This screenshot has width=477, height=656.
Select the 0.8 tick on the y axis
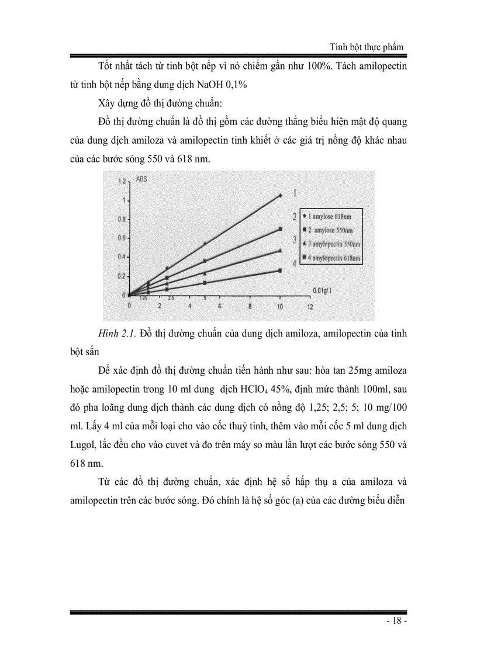tap(122, 219)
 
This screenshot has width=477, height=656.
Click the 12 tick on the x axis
tap(310, 305)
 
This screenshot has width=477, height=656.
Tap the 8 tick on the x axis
tap(250, 305)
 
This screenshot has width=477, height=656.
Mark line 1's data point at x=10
tap(280, 195)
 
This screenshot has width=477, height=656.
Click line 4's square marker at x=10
tap(280, 270)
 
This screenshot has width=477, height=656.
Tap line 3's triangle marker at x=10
tap(280, 250)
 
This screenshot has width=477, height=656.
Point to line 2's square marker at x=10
tap(280, 229)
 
